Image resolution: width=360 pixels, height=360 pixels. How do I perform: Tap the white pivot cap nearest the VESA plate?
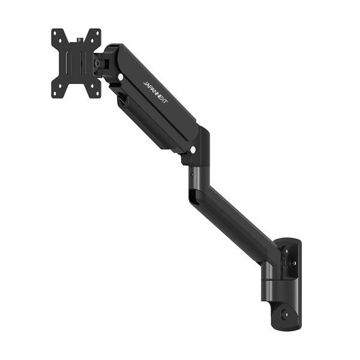pos(120,77)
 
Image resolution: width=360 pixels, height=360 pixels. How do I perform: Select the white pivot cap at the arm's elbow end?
pos(193,150)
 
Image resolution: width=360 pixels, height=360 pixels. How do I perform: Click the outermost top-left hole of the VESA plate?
pos(55,33)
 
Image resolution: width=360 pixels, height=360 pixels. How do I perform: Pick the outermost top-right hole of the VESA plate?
pos(97,33)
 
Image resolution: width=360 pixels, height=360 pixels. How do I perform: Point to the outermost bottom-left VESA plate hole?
pos(55,94)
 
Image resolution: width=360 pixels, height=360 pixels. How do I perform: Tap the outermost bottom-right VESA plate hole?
pos(97,94)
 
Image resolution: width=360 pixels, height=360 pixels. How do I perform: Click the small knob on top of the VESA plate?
pos(80,40)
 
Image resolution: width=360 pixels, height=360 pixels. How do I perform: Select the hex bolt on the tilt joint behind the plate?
pos(98,62)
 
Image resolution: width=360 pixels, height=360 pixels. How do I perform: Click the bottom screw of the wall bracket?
pos(286,313)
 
